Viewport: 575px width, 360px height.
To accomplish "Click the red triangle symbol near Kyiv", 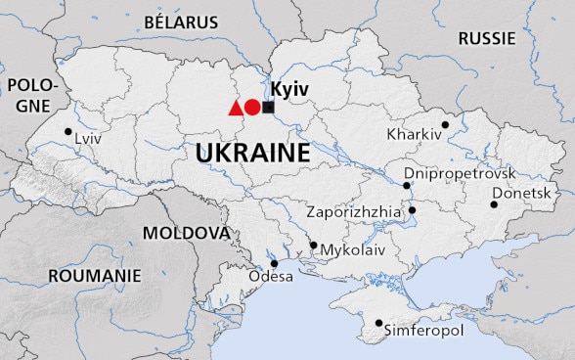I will (235, 109).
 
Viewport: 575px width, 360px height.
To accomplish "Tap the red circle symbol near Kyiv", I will (252, 108).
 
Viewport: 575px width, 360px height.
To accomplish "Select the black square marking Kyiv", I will (268, 108).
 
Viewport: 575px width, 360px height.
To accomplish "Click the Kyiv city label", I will (289, 89).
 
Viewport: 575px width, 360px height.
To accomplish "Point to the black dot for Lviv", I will (67, 131).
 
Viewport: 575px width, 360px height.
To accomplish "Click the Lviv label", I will (89, 140).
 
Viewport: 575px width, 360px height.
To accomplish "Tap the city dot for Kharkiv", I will (445, 124).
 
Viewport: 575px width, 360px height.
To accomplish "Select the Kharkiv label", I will (415, 133).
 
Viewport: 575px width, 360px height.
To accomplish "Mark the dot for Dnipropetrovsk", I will (406, 185).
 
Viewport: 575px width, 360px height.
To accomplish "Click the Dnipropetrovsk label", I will (460, 172).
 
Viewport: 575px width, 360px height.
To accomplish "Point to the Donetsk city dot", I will (494, 204).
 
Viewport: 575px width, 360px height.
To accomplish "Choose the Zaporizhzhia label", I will (353, 210).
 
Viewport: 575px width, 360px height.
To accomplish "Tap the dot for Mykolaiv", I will (313, 246).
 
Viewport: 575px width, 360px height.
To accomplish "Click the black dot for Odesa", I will (275, 263).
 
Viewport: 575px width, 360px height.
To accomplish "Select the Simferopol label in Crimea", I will (423, 331).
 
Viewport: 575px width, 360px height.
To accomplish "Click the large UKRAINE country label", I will (252, 154).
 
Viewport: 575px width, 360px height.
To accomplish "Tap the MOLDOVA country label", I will (186, 233).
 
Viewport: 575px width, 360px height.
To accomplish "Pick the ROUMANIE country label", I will (95, 277).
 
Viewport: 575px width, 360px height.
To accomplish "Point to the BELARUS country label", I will (181, 21).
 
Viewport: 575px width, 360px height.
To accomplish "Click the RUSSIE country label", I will (486, 38).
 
